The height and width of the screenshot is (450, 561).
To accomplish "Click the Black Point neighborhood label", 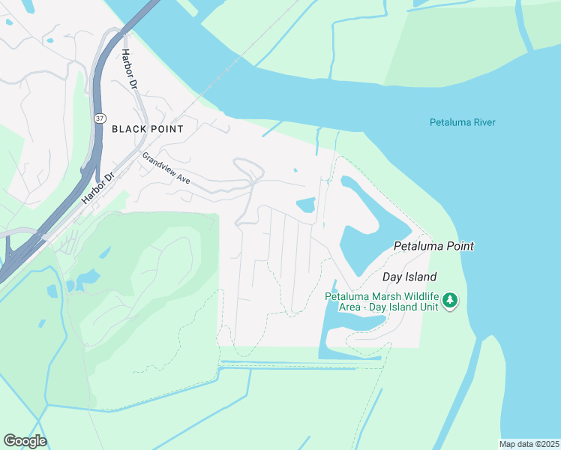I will (x=148, y=129).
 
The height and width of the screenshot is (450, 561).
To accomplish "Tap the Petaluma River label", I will (x=462, y=122).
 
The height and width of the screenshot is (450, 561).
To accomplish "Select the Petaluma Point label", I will (x=433, y=246).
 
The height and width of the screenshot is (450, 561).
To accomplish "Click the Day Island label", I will (x=409, y=277).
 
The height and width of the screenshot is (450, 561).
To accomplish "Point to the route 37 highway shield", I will (x=100, y=118).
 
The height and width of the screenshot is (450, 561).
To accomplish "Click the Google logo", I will (x=25, y=441).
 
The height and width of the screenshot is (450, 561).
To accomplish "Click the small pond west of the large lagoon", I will (x=306, y=205).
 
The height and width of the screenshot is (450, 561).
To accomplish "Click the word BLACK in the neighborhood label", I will (x=127, y=129).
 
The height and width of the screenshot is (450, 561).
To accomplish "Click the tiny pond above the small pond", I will (x=295, y=170).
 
